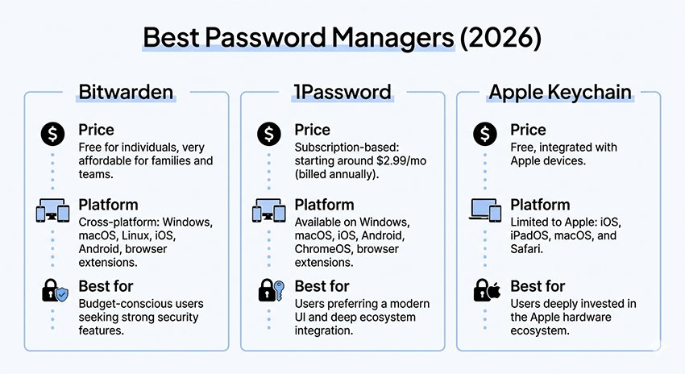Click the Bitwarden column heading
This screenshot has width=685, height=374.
click(126, 91)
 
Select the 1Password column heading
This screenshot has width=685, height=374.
click(342, 91)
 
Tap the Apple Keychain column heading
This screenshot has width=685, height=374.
click(559, 91)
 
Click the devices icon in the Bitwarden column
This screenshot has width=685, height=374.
click(52, 211)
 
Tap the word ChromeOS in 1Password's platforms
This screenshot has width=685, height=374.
click(323, 249)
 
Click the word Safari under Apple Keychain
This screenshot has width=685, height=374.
click(529, 249)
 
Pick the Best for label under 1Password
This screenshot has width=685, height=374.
click(322, 285)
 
